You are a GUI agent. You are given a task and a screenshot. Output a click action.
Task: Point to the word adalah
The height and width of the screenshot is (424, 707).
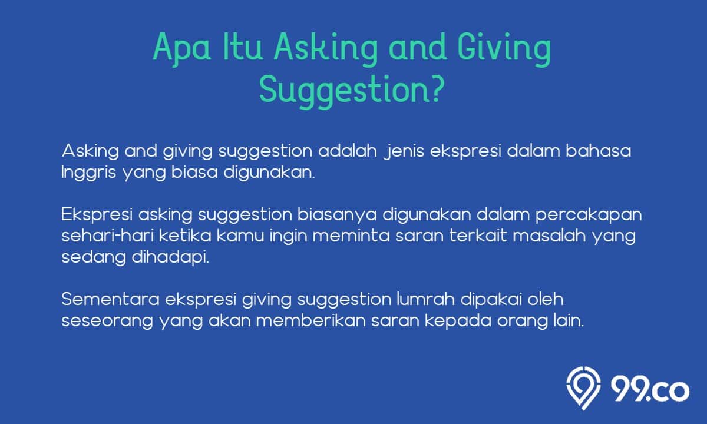coord(348,151)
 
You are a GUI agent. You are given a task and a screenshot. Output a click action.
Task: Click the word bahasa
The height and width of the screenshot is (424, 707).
coord(598,151)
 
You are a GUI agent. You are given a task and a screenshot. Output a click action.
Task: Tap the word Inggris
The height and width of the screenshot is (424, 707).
coord(89,174)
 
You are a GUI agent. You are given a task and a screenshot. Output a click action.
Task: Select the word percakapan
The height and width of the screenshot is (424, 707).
coord(589,216)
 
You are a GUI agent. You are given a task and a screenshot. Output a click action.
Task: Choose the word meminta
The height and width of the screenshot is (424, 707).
coord(351,236)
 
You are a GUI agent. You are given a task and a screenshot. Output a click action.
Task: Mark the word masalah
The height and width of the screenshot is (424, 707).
coord(549,236)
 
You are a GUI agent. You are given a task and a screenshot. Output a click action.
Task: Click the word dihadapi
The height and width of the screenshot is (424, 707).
coord(170,258)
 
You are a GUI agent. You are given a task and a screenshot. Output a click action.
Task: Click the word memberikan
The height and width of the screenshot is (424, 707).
coord(310,320)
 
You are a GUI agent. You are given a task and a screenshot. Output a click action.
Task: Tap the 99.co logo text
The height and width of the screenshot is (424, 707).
coord(650,390)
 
